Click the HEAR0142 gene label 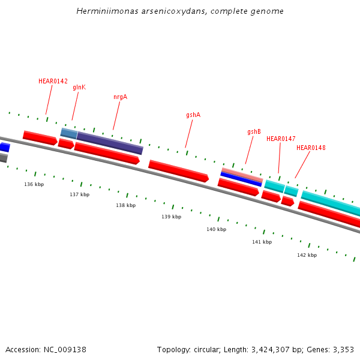click(x=53, y=81)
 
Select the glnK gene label click(x=79, y=87)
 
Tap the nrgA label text click(x=120, y=97)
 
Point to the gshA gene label click(x=193, y=115)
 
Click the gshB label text click(x=254, y=131)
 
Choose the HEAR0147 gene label click(x=281, y=139)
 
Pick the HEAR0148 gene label click(x=311, y=148)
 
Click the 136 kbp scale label click(x=34, y=184)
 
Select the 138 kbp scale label click(x=125, y=205)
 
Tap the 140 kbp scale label click(x=216, y=229)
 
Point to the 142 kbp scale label click(x=307, y=255)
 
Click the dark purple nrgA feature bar click(x=110, y=143)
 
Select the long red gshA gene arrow click(x=178, y=170)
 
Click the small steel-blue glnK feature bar click(x=69, y=133)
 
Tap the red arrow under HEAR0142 click(x=40, y=138)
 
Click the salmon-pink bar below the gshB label click(x=242, y=174)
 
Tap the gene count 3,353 click(x=343, y=349)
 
